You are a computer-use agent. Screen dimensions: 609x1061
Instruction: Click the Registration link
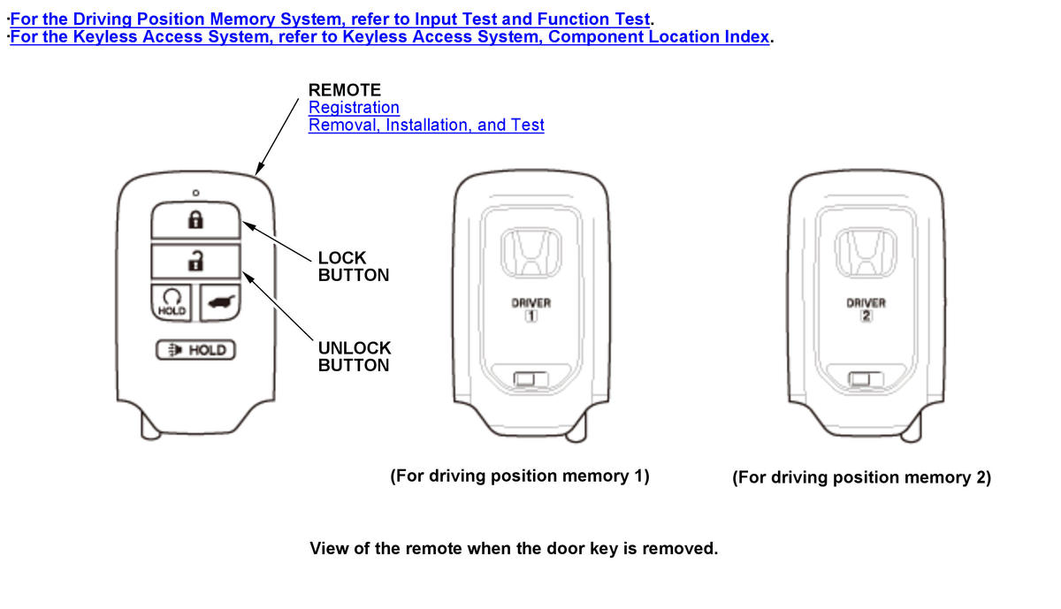[354, 108]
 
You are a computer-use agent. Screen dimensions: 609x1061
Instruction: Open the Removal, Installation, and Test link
[426, 126]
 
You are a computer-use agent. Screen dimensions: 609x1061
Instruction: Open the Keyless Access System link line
[390, 37]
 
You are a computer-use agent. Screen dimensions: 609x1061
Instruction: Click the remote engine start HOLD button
[172, 302]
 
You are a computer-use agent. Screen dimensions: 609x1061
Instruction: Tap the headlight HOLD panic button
[196, 351]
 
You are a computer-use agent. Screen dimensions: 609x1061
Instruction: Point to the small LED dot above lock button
[195, 193]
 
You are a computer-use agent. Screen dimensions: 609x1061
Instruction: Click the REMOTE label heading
[345, 90]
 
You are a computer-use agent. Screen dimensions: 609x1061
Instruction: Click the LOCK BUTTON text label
[354, 266]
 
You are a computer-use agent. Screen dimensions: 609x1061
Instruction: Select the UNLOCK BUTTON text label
[354, 356]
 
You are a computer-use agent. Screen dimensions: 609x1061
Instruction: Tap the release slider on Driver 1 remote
[530, 380]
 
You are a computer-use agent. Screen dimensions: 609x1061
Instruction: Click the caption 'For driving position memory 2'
[862, 477]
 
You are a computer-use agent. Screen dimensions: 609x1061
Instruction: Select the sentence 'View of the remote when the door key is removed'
[514, 549]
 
